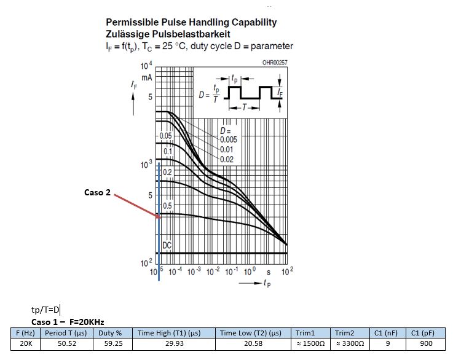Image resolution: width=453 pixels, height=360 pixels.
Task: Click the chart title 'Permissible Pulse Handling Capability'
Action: (x=191, y=23)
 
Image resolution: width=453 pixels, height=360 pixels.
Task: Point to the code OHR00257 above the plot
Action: (x=275, y=63)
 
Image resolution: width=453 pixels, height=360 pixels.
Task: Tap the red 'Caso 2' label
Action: (x=97, y=192)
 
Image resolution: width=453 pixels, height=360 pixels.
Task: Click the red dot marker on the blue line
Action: (x=158, y=216)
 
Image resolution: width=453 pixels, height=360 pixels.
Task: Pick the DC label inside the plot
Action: (x=167, y=245)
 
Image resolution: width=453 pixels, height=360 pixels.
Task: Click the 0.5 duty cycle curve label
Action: (x=167, y=205)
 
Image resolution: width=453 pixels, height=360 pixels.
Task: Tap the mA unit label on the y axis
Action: (x=147, y=78)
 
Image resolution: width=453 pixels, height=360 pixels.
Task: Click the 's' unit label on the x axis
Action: (x=269, y=272)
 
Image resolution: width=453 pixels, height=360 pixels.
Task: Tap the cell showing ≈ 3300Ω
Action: (x=346, y=343)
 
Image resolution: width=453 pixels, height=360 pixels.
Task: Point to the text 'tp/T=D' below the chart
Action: (x=45, y=310)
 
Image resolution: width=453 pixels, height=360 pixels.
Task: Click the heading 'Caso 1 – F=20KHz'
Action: (x=68, y=322)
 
